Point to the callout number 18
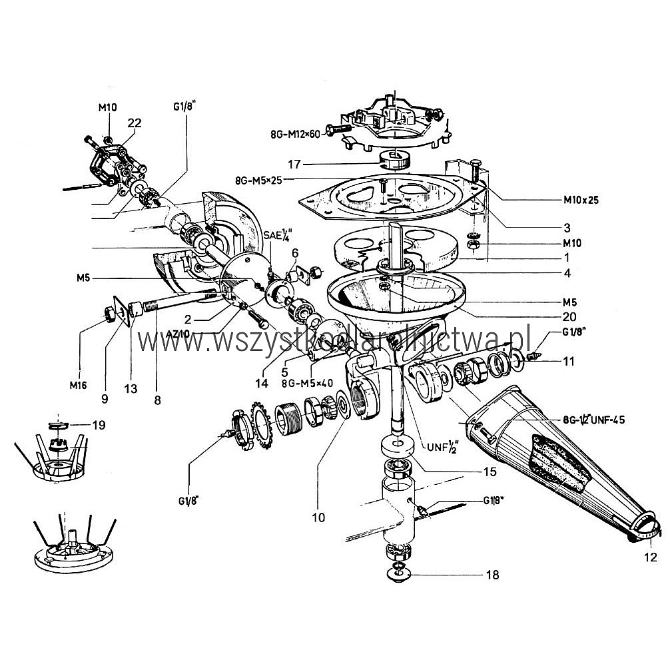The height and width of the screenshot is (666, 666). pyautogui.click(x=493, y=574)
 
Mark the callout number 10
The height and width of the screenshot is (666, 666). pyautogui.click(x=319, y=516)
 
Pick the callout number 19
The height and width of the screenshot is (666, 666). pyautogui.click(x=98, y=424)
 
